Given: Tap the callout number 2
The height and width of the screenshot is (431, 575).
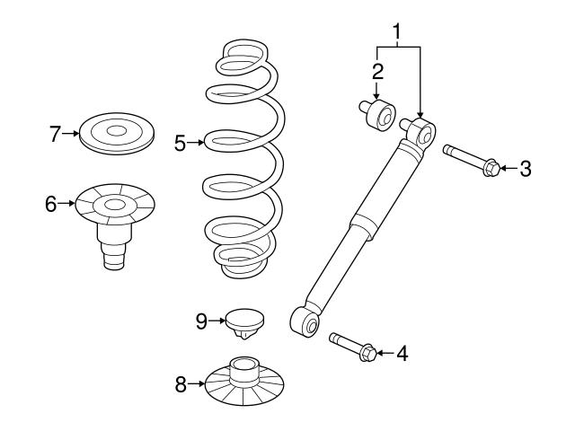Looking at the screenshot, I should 377,69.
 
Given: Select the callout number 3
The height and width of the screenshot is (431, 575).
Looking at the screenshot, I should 526,168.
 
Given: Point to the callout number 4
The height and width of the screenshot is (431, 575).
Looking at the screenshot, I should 402,354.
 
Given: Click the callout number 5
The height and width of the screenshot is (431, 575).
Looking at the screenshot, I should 180,142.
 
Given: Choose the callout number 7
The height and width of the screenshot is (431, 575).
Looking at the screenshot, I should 55,135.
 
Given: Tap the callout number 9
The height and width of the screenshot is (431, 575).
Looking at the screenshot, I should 202,319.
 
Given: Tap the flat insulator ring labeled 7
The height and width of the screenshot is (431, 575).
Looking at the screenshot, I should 116,133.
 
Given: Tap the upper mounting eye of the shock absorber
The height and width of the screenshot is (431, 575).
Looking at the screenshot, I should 422,135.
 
